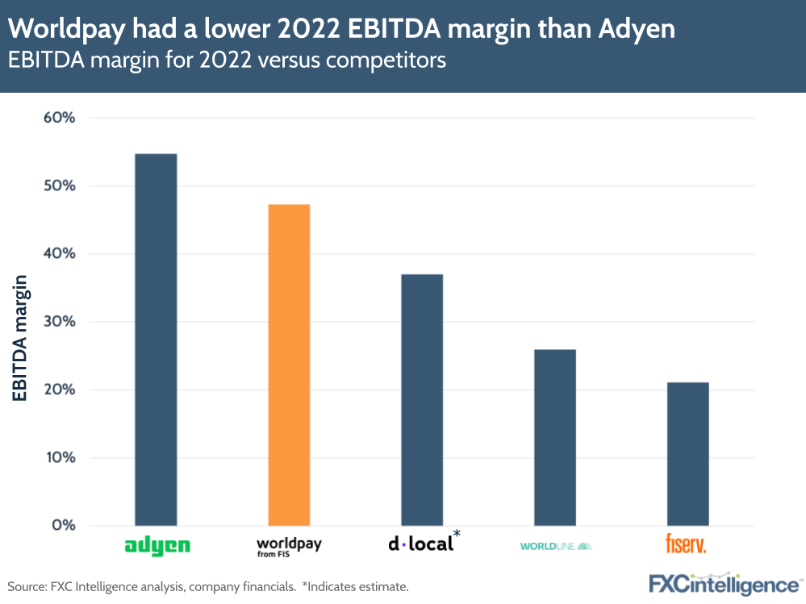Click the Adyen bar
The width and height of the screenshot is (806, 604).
pyautogui.click(x=156, y=339)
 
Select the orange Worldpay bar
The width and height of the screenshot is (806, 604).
pyautogui.click(x=289, y=364)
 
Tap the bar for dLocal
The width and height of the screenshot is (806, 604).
pyautogui.click(x=422, y=399)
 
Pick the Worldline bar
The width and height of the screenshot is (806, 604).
pyautogui.click(x=555, y=437)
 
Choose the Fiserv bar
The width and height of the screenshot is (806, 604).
pyautogui.click(x=687, y=453)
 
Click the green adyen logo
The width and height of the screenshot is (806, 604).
pyautogui.click(x=157, y=546)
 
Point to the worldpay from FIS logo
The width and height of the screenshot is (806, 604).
pyautogui.click(x=289, y=548)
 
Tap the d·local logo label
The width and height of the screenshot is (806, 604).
pyautogui.click(x=420, y=544)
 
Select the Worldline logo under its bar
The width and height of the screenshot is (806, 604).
pyautogui.click(x=556, y=546)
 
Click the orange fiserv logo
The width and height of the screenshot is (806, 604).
pyautogui.click(x=686, y=544)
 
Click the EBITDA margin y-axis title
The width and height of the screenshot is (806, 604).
pyautogui.click(x=20, y=339)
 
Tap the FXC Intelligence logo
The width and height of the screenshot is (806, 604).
pyautogui.click(x=723, y=584)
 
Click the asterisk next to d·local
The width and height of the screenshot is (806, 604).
pyautogui.click(x=457, y=534)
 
